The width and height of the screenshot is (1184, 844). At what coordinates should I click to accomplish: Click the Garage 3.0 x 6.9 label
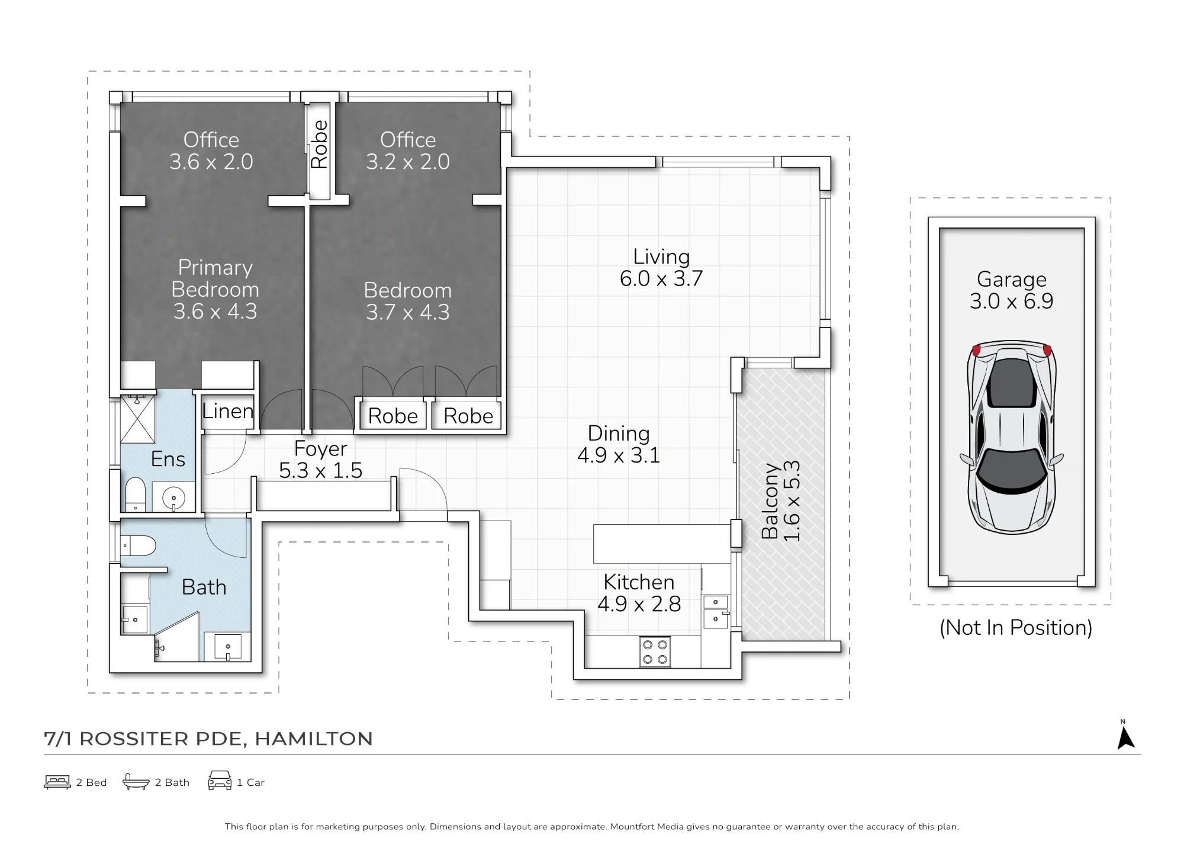click(x=1011, y=290)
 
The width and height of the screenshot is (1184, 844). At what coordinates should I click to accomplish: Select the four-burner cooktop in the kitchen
click(x=655, y=652)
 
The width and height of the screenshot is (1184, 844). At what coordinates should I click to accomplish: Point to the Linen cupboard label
click(x=227, y=410)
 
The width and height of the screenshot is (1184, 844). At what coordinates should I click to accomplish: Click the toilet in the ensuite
click(x=136, y=494)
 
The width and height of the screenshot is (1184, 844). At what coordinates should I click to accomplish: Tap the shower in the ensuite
click(x=138, y=419)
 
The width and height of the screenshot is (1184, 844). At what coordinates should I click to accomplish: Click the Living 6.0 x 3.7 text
click(x=661, y=267)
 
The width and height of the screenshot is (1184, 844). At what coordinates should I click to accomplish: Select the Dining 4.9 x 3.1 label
click(x=619, y=444)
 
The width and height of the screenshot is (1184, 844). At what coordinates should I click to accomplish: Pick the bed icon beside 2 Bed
click(x=57, y=782)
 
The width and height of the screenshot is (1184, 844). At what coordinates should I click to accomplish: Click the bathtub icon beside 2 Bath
click(x=136, y=782)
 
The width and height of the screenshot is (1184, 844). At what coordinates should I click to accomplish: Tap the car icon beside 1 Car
click(x=220, y=781)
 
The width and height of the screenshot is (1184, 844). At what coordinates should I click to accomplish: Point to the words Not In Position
click(x=1016, y=627)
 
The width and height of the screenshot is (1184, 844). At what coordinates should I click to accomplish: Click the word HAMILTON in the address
click(x=314, y=739)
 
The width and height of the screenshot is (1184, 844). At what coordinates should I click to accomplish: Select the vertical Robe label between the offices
click(x=319, y=144)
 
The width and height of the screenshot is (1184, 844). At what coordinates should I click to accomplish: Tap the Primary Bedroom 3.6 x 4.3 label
click(x=215, y=289)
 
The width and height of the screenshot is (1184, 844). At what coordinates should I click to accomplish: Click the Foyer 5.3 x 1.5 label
click(x=320, y=459)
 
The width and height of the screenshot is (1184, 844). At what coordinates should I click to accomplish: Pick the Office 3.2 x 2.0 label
click(x=408, y=150)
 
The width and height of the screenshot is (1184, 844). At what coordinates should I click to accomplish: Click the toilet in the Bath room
click(x=138, y=545)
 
